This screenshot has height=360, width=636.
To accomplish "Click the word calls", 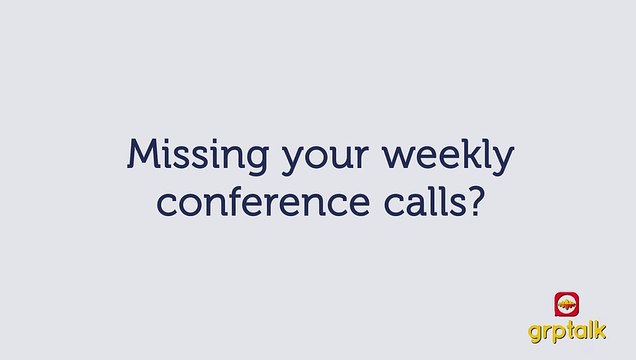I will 420,201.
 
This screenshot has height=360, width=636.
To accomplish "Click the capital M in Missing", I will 142,155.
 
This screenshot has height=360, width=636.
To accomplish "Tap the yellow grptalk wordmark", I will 568,332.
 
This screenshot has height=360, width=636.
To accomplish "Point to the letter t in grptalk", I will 570,331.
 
